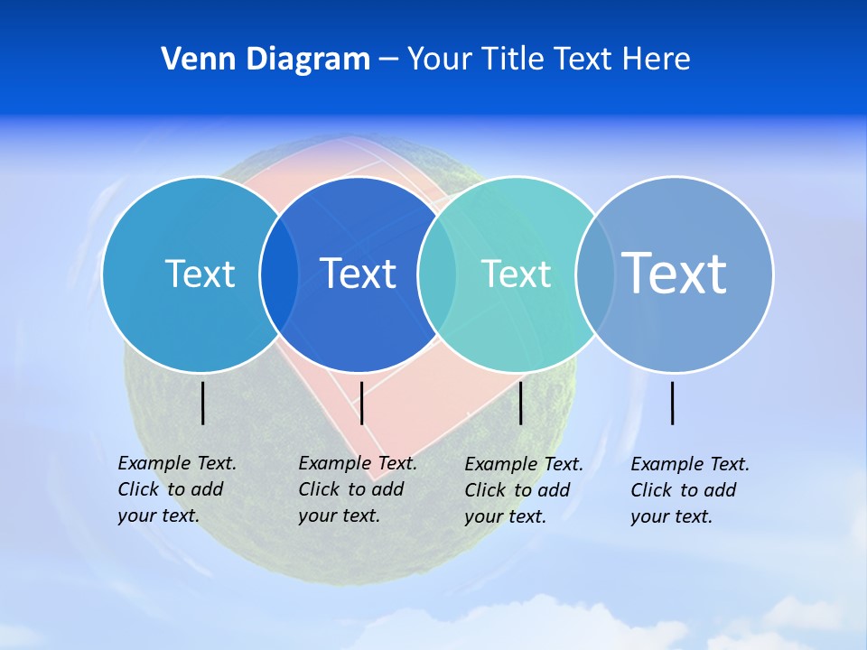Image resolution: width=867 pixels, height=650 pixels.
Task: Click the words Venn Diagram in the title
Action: point(266,60)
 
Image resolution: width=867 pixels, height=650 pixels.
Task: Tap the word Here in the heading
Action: point(656,60)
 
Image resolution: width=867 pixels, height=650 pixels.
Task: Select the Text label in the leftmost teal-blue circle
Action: point(200,274)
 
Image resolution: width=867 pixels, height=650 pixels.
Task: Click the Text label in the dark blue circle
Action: point(359,274)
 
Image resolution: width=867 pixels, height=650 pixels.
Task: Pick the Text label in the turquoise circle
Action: point(516,274)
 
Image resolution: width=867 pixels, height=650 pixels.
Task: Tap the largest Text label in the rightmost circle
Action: point(674,273)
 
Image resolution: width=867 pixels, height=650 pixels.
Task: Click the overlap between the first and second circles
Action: point(279,274)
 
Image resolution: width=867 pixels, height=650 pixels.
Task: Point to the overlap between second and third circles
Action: point(437,274)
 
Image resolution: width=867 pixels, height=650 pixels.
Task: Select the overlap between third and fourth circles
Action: point(593,274)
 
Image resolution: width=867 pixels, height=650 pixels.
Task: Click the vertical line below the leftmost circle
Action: point(203,403)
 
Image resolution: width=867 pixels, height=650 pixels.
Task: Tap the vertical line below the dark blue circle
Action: point(361,403)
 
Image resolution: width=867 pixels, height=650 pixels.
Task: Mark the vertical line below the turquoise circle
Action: point(520,403)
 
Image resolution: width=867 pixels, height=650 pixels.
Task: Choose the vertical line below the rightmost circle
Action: point(673,403)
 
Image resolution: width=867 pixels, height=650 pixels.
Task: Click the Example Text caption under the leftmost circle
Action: point(177,489)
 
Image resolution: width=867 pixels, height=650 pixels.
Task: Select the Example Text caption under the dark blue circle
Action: point(358,489)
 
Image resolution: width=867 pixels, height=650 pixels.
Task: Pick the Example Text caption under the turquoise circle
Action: point(524,490)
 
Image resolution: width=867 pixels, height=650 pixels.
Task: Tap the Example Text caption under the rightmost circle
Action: point(690,490)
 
